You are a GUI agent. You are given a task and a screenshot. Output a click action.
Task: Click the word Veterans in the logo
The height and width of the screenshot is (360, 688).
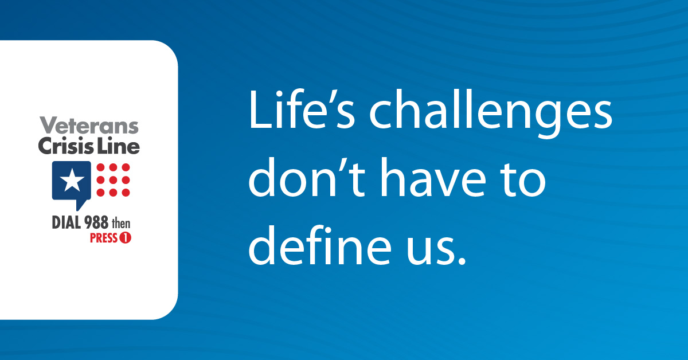click(89, 125)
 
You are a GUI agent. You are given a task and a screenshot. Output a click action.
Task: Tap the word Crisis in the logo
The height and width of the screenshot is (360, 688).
click(66, 145)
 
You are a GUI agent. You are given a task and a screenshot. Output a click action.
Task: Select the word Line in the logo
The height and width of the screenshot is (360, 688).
click(119, 145)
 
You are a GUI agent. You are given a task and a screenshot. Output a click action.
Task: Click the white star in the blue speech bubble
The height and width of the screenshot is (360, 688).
click(72, 179)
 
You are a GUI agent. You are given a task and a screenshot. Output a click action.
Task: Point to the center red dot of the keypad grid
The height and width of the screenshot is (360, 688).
click(113, 180)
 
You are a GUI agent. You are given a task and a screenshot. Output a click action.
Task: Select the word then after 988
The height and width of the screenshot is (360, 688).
click(121, 224)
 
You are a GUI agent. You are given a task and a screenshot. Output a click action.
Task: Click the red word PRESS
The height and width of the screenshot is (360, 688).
click(104, 238)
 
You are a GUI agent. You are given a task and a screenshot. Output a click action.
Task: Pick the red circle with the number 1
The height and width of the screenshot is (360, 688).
click(126, 238)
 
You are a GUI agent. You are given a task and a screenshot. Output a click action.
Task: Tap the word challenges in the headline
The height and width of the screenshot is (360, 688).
click(491, 114)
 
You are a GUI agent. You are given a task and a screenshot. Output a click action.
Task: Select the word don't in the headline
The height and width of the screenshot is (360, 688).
click(307, 177)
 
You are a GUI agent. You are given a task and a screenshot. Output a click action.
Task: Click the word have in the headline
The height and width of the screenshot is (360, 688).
click(433, 177)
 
